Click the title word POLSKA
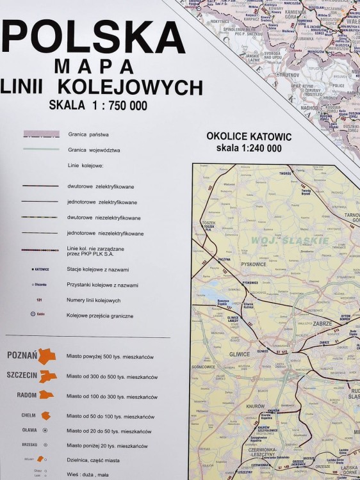tap(94, 36)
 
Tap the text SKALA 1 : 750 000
tap(98, 105)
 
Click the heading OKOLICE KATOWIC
tap(249, 137)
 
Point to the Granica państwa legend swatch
tap(42, 134)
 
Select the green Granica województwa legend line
tap(42, 149)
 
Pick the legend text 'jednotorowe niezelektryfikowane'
tap(106, 234)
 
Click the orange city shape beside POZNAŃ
tap(47, 356)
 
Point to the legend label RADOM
tap(27, 395)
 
